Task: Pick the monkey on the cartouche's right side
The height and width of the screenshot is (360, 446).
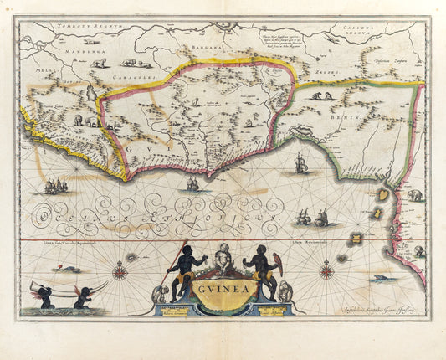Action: (286, 292)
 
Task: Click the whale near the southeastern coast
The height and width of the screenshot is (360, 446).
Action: (384, 278)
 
